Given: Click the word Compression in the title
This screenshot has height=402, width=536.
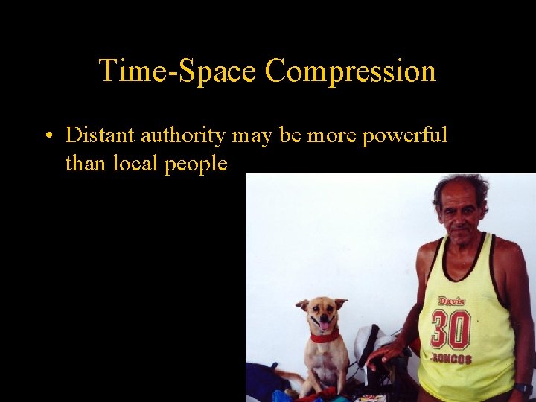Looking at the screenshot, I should click(x=350, y=71).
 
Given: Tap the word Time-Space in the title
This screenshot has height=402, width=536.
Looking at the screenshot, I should click(x=178, y=71).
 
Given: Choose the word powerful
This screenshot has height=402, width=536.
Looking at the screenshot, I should click(x=406, y=136).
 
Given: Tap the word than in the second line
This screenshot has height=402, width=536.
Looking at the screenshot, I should click(x=85, y=163).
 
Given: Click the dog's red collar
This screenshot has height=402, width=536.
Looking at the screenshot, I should click(x=325, y=336).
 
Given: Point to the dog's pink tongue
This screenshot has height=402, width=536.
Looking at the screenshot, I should click(x=325, y=325).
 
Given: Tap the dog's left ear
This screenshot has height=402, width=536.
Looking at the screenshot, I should click(x=302, y=304).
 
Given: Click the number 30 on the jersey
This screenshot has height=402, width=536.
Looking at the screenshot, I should click(x=450, y=330).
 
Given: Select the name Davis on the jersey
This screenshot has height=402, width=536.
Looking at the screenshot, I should click(x=452, y=301).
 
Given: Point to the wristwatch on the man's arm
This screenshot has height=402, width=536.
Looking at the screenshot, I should click(x=523, y=389).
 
